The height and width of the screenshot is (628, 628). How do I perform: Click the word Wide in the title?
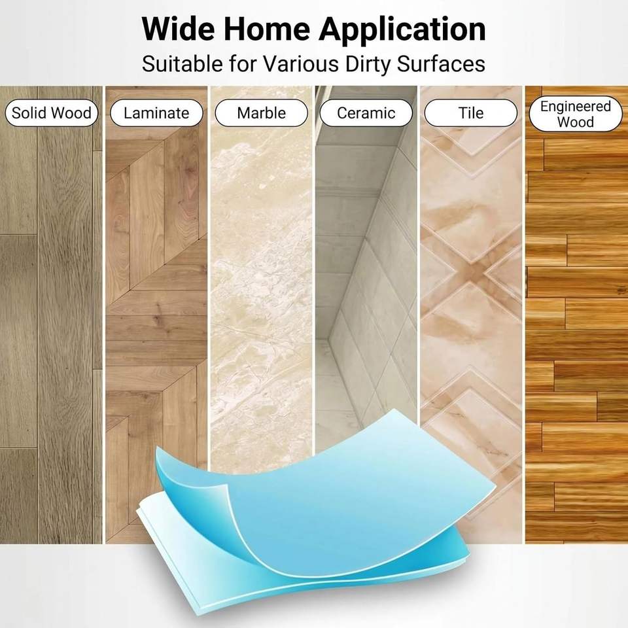point(178,29)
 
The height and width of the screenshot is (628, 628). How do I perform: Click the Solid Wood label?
point(52,113)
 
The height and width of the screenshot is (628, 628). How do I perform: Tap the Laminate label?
point(156,113)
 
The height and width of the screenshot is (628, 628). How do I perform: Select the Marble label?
point(261,113)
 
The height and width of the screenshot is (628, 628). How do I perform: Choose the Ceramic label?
point(366,113)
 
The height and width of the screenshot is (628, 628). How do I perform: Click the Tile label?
point(471,113)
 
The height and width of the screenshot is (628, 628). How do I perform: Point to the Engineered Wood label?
point(576,114)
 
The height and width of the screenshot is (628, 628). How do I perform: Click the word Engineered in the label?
point(576,107)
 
